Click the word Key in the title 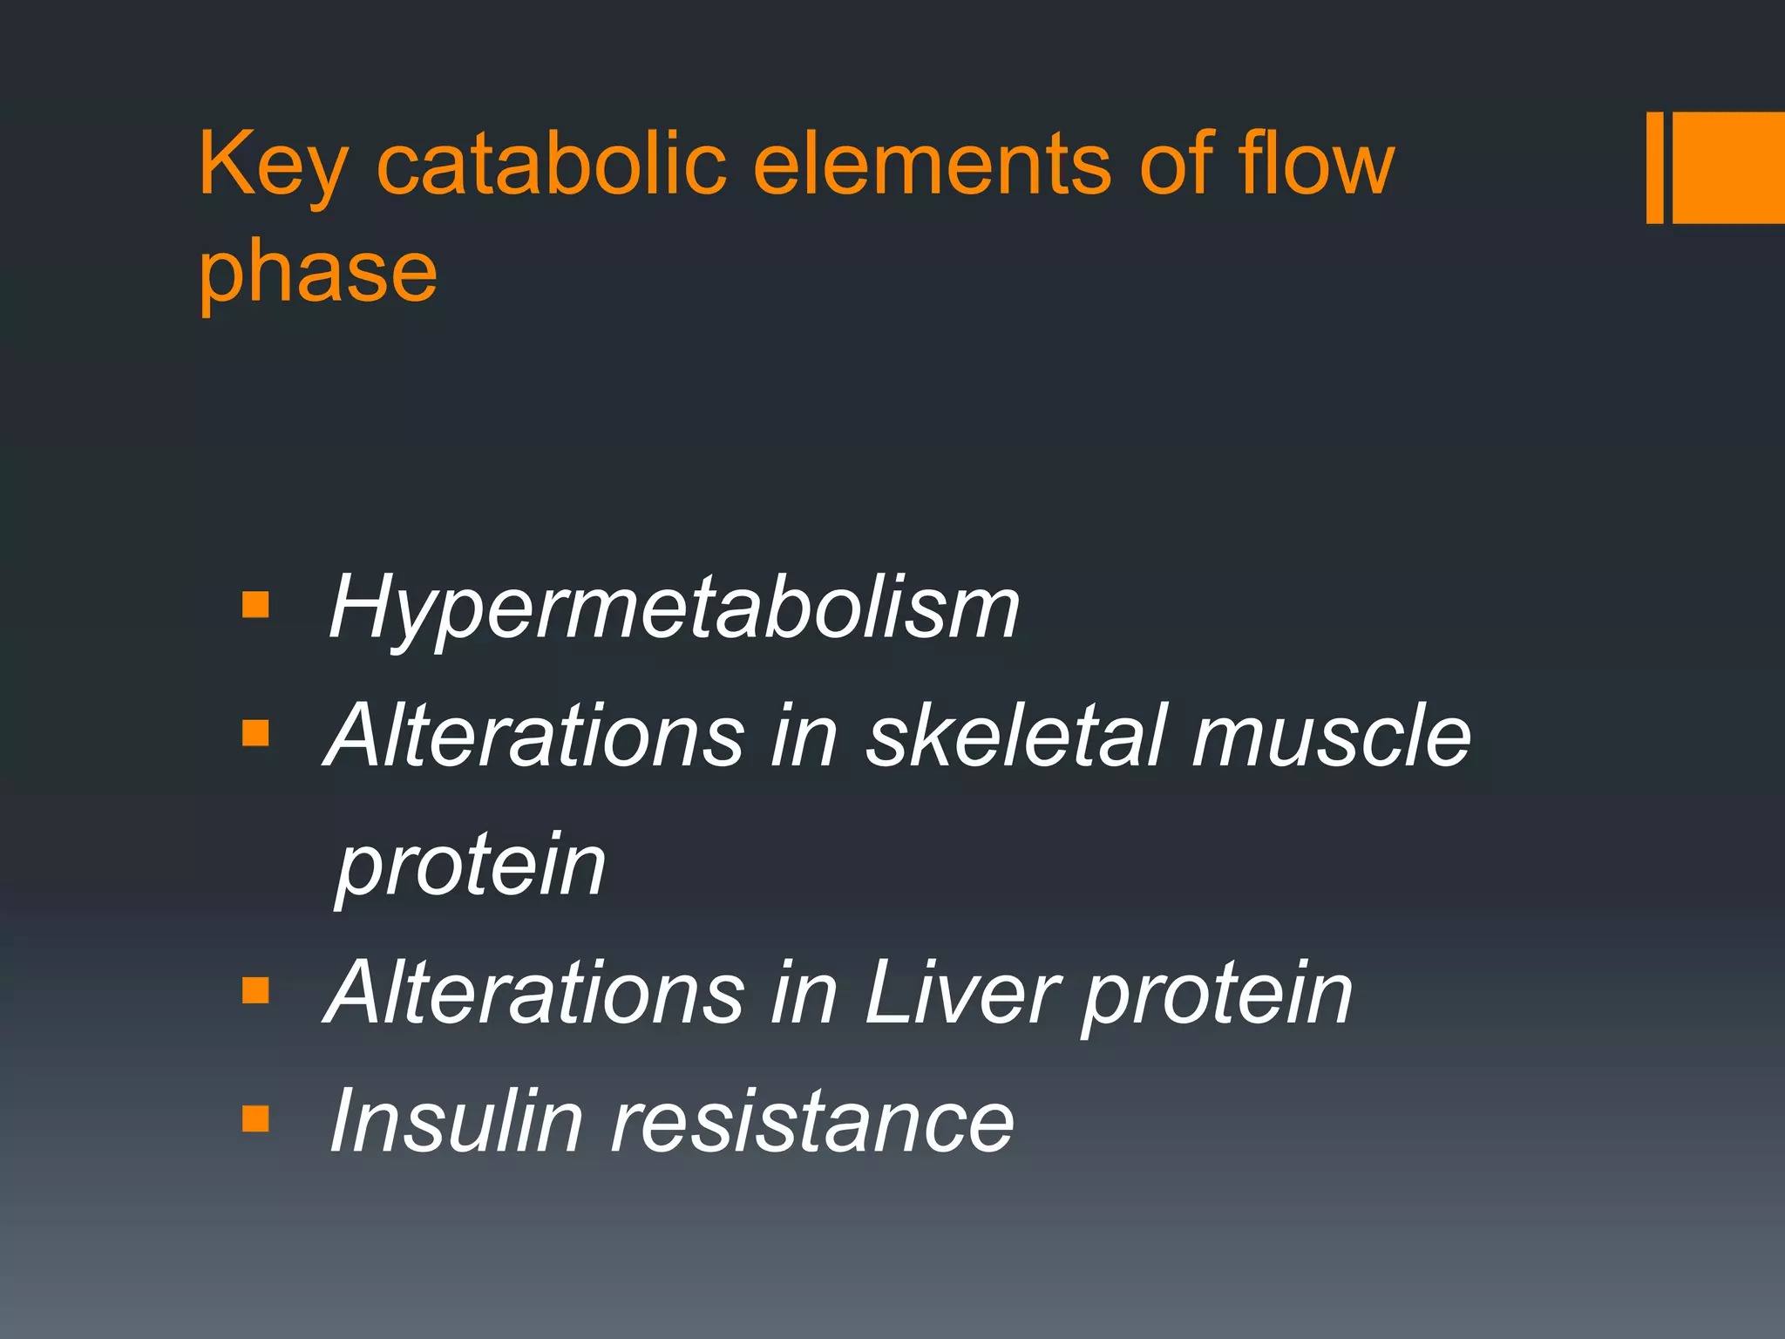point(273,166)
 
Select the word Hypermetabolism point(673,608)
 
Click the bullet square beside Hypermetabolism point(255,605)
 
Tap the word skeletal point(1015,736)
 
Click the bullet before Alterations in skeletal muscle point(255,733)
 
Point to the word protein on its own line point(471,867)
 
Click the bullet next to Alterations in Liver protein point(255,990)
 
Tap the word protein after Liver point(1217,994)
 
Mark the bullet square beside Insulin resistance point(255,1118)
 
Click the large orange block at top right point(1728,167)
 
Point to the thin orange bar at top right point(1654,167)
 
